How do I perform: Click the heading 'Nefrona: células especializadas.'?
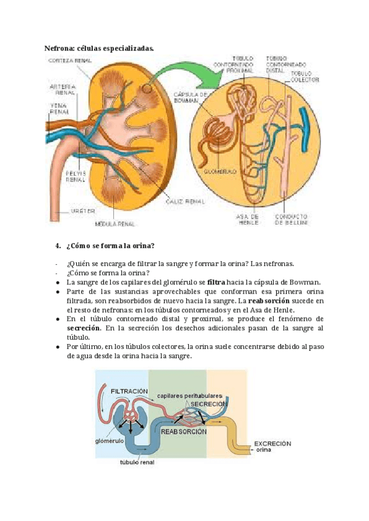[99, 48]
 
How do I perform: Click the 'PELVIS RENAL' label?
[75, 176]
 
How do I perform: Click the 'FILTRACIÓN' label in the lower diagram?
[130, 391]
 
